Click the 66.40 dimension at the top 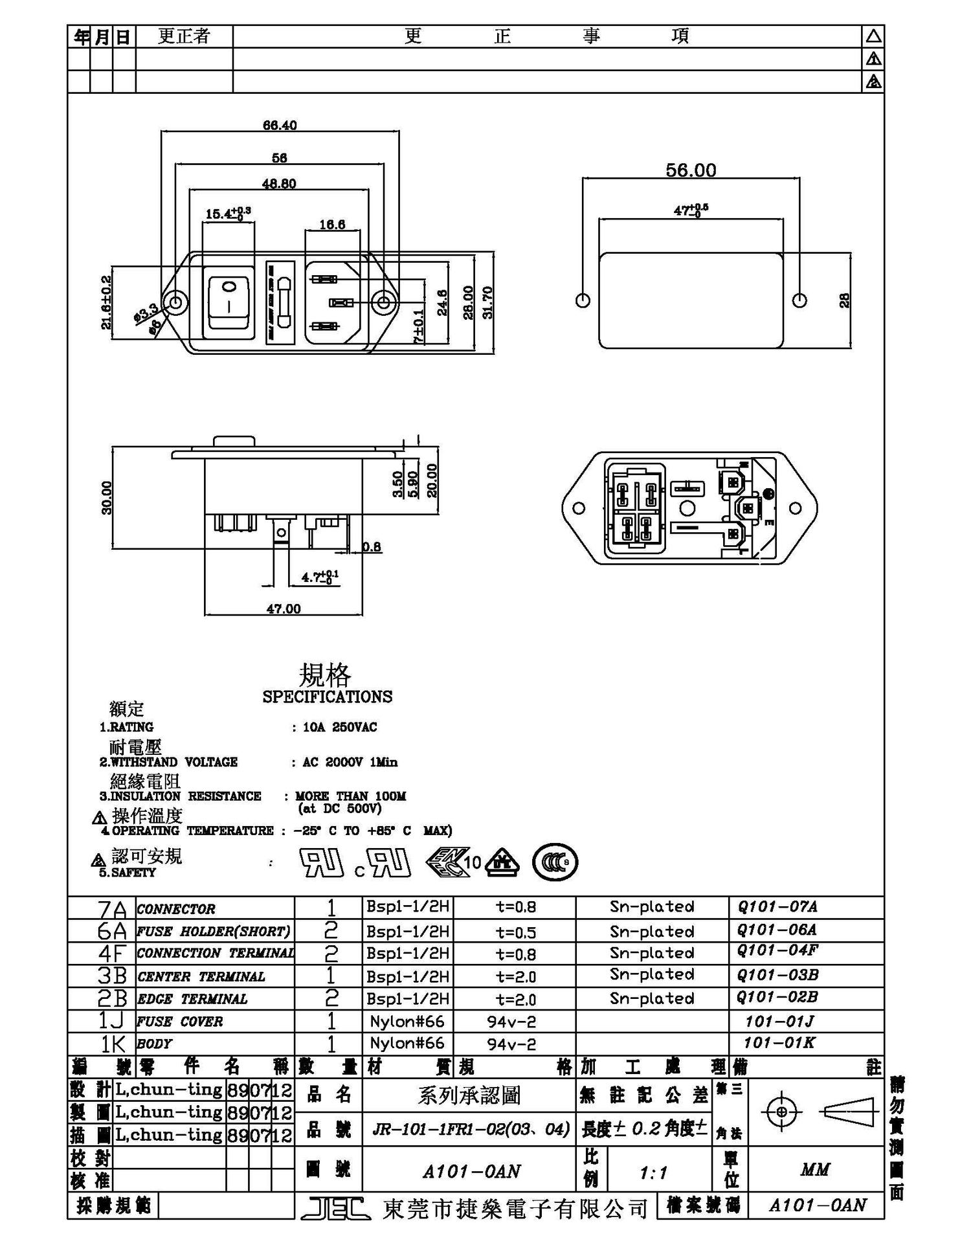(x=280, y=125)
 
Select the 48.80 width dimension (x=279, y=184)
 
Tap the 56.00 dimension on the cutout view (x=691, y=170)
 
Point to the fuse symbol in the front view (x=280, y=302)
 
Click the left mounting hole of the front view (x=175, y=302)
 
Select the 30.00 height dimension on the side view (x=107, y=497)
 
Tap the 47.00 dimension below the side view (x=284, y=609)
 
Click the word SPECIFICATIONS (x=327, y=697)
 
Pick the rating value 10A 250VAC (x=340, y=727)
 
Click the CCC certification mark (x=555, y=862)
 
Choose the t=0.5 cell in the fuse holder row (x=515, y=932)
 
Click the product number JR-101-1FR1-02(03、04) (x=471, y=1130)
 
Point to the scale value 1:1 (x=653, y=1172)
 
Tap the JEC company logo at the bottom (x=335, y=1207)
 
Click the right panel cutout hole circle (x=799, y=300)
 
